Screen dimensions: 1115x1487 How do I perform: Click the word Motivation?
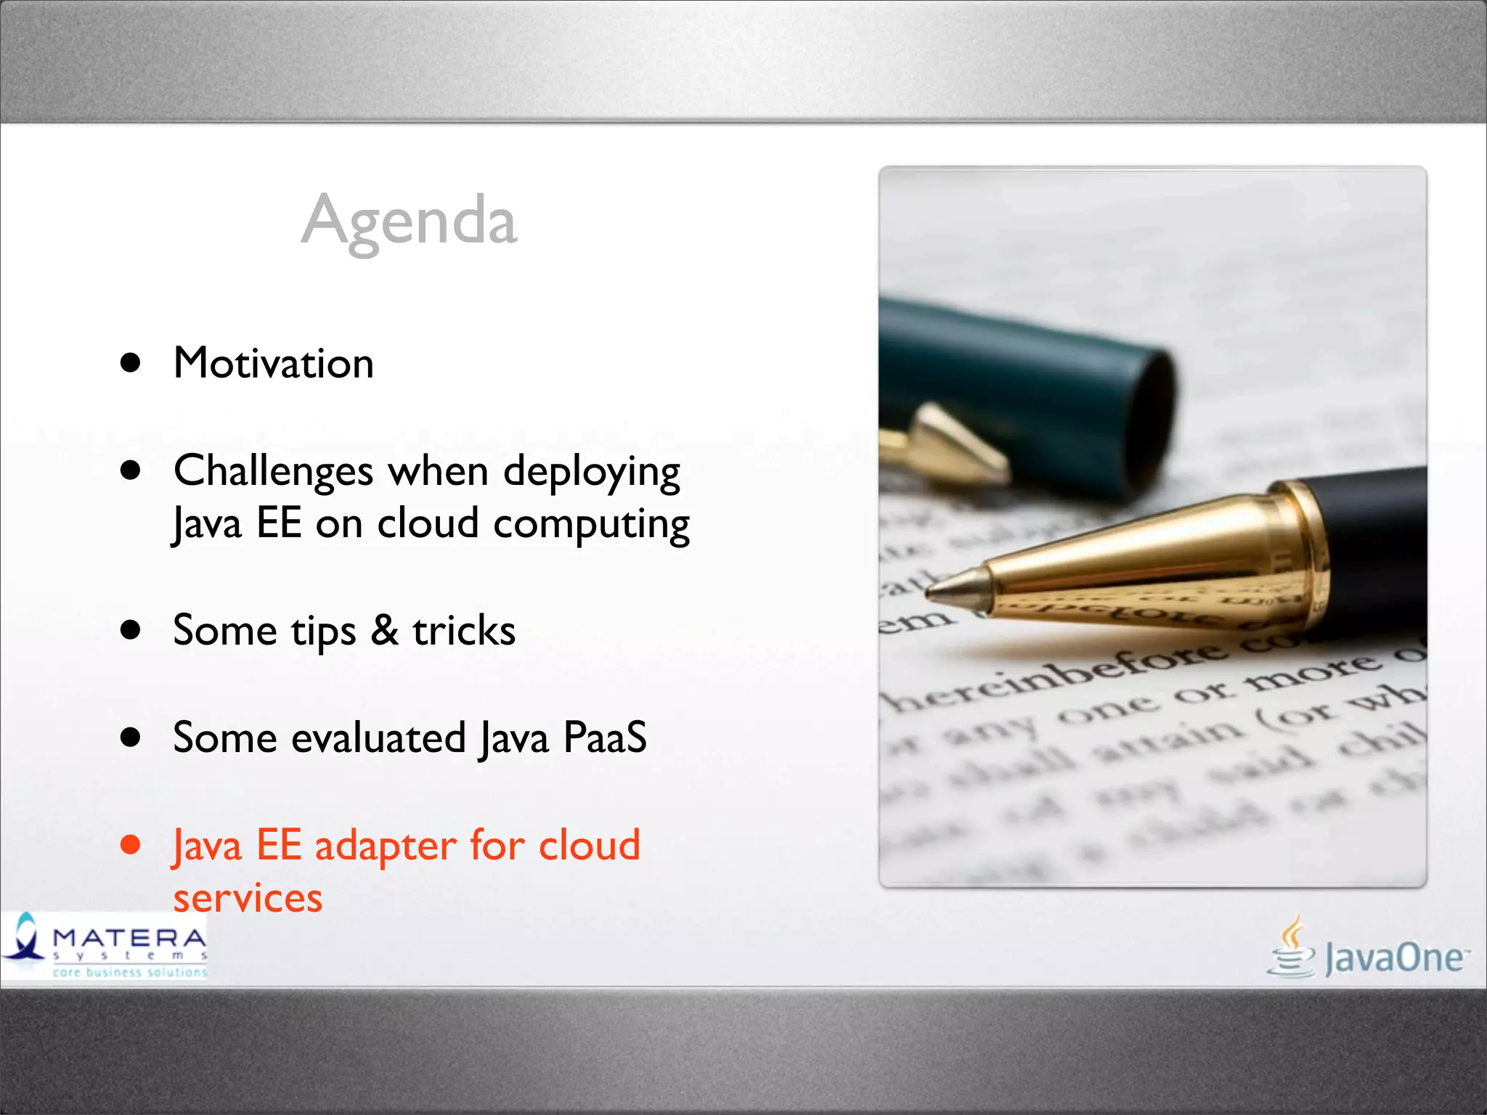click(274, 363)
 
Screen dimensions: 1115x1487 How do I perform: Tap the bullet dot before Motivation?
click(131, 363)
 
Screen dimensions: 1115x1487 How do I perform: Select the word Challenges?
click(274, 472)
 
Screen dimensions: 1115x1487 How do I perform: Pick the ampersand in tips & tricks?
click(384, 630)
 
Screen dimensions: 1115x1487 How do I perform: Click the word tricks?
click(464, 630)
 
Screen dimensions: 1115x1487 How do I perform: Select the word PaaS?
click(605, 738)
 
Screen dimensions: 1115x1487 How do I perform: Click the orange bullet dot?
click(131, 844)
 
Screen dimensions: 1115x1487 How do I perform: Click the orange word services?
click(248, 899)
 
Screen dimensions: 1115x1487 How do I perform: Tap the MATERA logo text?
click(129, 938)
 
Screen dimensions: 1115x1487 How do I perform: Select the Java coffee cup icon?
click(1292, 947)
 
